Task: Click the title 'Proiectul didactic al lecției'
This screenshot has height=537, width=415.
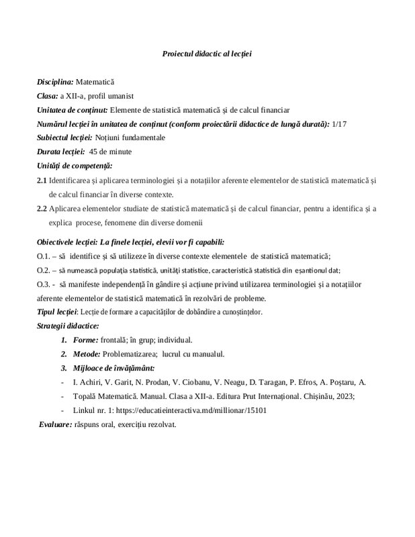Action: tap(206, 53)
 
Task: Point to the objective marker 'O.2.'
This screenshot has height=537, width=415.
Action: tap(44, 271)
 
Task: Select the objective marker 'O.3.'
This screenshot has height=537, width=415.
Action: tap(44, 285)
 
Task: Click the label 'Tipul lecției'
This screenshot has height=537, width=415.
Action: tap(57, 312)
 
